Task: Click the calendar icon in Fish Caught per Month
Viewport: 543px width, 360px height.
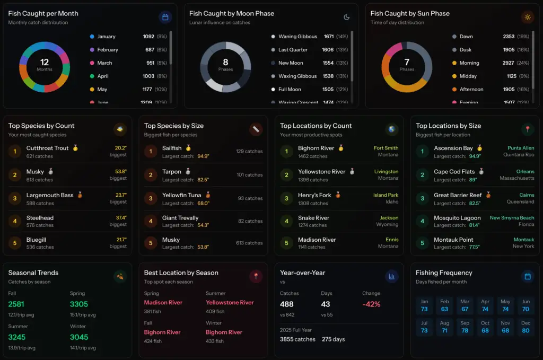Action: pyautogui.click(x=165, y=17)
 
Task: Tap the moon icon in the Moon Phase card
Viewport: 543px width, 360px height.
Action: pyautogui.click(x=346, y=17)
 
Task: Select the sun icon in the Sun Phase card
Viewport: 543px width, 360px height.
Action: pyautogui.click(x=527, y=17)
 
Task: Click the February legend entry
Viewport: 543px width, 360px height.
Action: pyautogui.click(x=107, y=50)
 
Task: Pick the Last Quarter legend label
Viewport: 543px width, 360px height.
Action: pyautogui.click(x=293, y=50)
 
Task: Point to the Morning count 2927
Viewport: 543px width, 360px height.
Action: pyautogui.click(x=509, y=63)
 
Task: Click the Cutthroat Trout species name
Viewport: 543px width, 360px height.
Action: pyautogui.click(x=48, y=148)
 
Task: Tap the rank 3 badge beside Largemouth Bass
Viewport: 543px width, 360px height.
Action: pyautogui.click(x=14, y=198)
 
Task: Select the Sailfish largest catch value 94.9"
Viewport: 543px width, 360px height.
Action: pyautogui.click(x=203, y=156)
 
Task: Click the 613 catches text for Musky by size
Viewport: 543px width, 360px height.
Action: pyautogui.click(x=249, y=243)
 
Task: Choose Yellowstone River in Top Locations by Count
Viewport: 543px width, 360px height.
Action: pyautogui.click(x=321, y=172)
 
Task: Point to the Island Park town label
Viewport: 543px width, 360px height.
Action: pyautogui.click(x=386, y=195)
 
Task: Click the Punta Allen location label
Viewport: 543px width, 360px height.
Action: pyautogui.click(x=520, y=148)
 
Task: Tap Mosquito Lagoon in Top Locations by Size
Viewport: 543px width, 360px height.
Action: pyautogui.click(x=457, y=218)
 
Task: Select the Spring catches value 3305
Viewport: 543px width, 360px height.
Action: pyautogui.click(x=79, y=304)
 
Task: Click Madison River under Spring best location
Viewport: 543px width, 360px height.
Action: pyautogui.click(x=163, y=302)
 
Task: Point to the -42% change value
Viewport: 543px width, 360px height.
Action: pyautogui.click(x=371, y=304)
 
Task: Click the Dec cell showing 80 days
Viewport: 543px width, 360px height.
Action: pyautogui.click(x=525, y=327)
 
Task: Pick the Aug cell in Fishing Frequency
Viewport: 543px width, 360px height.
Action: pyautogui.click(x=444, y=327)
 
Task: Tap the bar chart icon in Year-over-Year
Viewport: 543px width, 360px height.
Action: pyautogui.click(x=391, y=276)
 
